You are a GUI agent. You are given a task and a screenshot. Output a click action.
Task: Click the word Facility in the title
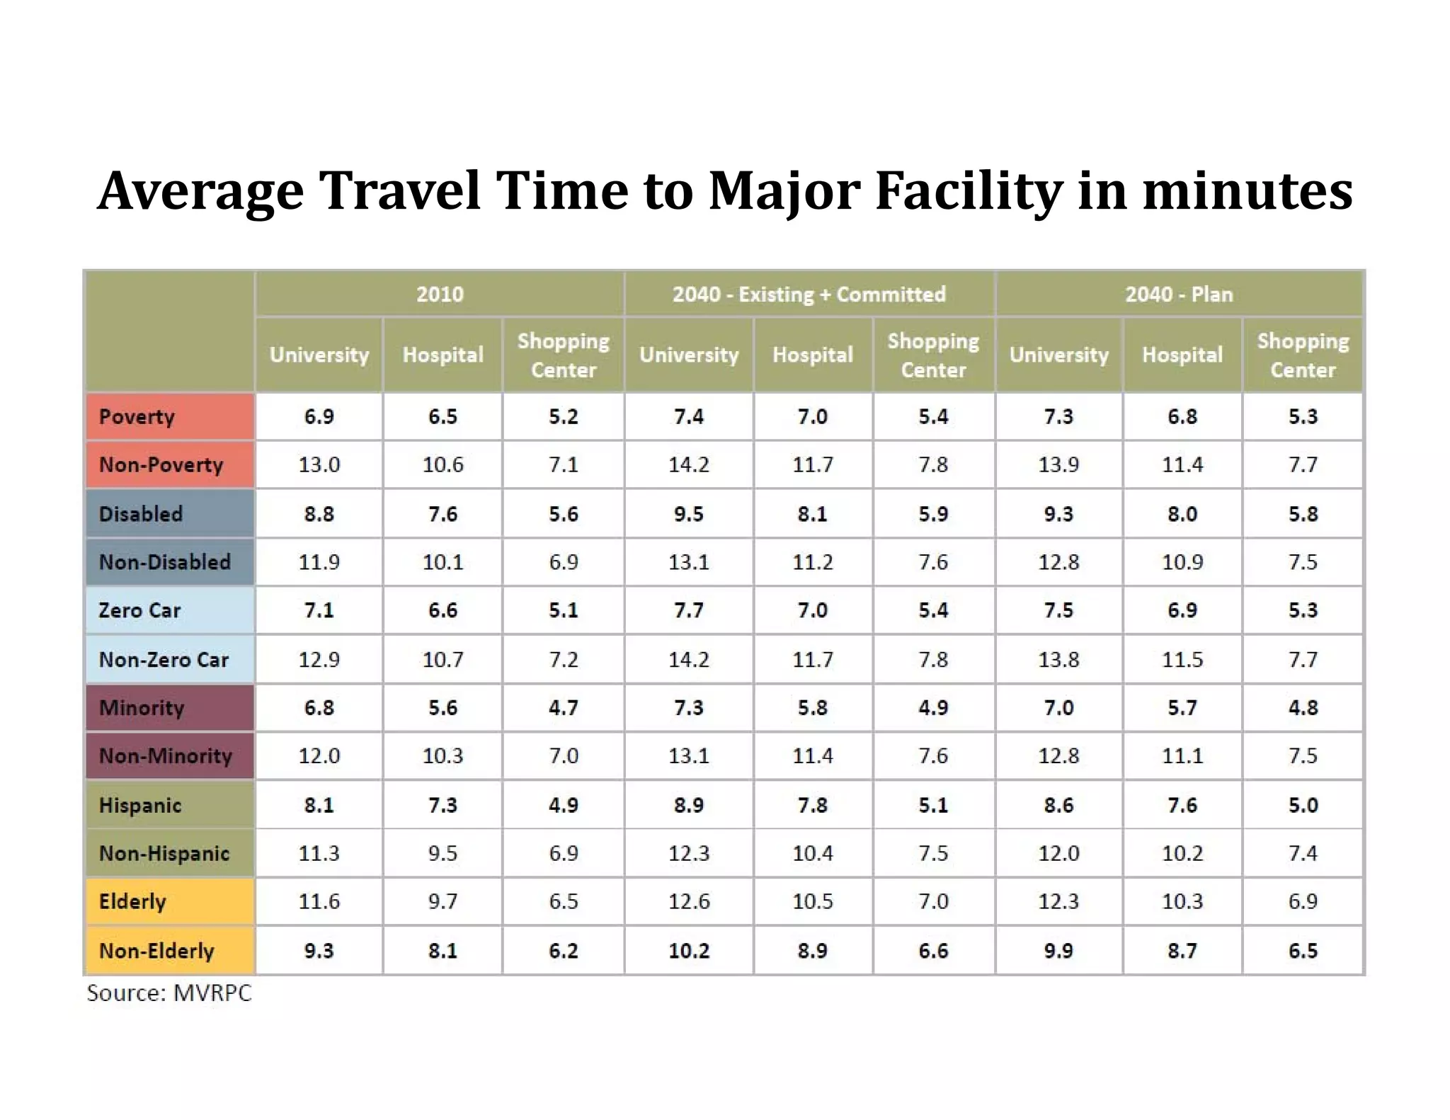(x=969, y=191)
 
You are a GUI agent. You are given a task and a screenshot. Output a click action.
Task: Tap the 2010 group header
(x=440, y=294)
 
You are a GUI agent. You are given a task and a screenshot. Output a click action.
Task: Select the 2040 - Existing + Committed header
(x=809, y=294)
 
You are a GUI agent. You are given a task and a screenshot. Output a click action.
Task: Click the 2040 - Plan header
(x=1179, y=294)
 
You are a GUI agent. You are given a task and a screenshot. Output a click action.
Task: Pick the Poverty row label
(x=137, y=416)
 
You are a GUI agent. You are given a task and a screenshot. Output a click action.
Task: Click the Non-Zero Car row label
(x=164, y=659)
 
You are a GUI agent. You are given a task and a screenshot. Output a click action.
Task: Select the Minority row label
(x=142, y=707)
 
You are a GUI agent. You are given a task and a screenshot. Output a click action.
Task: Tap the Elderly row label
(x=132, y=901)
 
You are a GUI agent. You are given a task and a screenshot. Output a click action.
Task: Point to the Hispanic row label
(x=140, y=805)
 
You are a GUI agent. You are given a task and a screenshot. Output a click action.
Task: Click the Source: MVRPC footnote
(x=169, y=993)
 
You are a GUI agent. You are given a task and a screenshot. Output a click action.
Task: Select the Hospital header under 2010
(x=443, y=355)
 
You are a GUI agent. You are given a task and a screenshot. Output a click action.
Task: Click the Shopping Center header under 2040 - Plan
(x=1303, y=355)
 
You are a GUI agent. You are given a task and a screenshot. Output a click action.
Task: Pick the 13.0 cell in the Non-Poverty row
(x=319, y=464)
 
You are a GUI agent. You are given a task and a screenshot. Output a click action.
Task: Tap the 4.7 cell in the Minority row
(x=563, y=707)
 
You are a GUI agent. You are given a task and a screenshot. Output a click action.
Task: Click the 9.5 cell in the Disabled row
(x=688, y=513)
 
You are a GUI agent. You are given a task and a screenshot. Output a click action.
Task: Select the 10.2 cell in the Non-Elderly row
(x=688, y=950)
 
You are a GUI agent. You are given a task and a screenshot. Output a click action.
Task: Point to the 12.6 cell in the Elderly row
(x=688, y=901)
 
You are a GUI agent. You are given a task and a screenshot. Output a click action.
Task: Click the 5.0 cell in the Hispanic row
(x=1303, y=805)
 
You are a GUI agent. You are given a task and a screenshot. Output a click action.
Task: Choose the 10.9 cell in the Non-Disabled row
(x=1182, y=562)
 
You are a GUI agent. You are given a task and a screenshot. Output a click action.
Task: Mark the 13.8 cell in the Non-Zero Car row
(x=1058, y=659)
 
